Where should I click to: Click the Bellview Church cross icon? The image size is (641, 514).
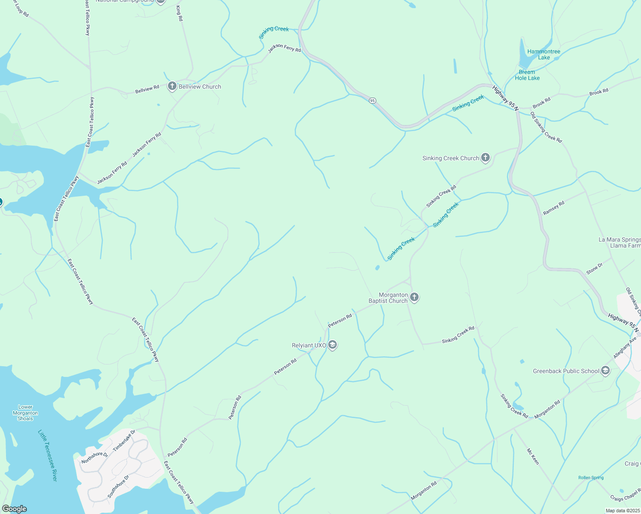click(x=172, y=87)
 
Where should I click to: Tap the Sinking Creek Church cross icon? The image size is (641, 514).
click(x=485, y=158)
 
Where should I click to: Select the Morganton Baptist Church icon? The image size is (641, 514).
click(x=414, y=297)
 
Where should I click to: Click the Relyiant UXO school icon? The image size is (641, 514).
click(x=332, y=345)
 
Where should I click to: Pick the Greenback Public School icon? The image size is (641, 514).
click(x=605, y=371)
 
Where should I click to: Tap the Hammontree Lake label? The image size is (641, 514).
click(x=543, y=54)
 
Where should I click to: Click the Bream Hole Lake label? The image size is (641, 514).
click(x=527, y=75)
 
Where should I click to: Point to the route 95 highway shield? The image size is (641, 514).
click(x=372, y=100)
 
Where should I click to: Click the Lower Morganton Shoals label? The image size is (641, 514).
click(x=25, y=413)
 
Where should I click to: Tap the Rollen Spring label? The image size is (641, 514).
click(x=590, y=478)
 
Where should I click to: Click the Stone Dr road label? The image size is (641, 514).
click(x=594, y=269)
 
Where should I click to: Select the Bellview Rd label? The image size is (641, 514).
click(x=147, y=90)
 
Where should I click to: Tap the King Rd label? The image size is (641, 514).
click(x=180, y=13)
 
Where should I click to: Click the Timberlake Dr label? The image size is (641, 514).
click(x=124, y=440)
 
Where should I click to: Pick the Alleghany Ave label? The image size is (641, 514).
click(x=625, y=347)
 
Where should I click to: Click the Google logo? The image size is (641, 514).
click(x=14, y=509)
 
